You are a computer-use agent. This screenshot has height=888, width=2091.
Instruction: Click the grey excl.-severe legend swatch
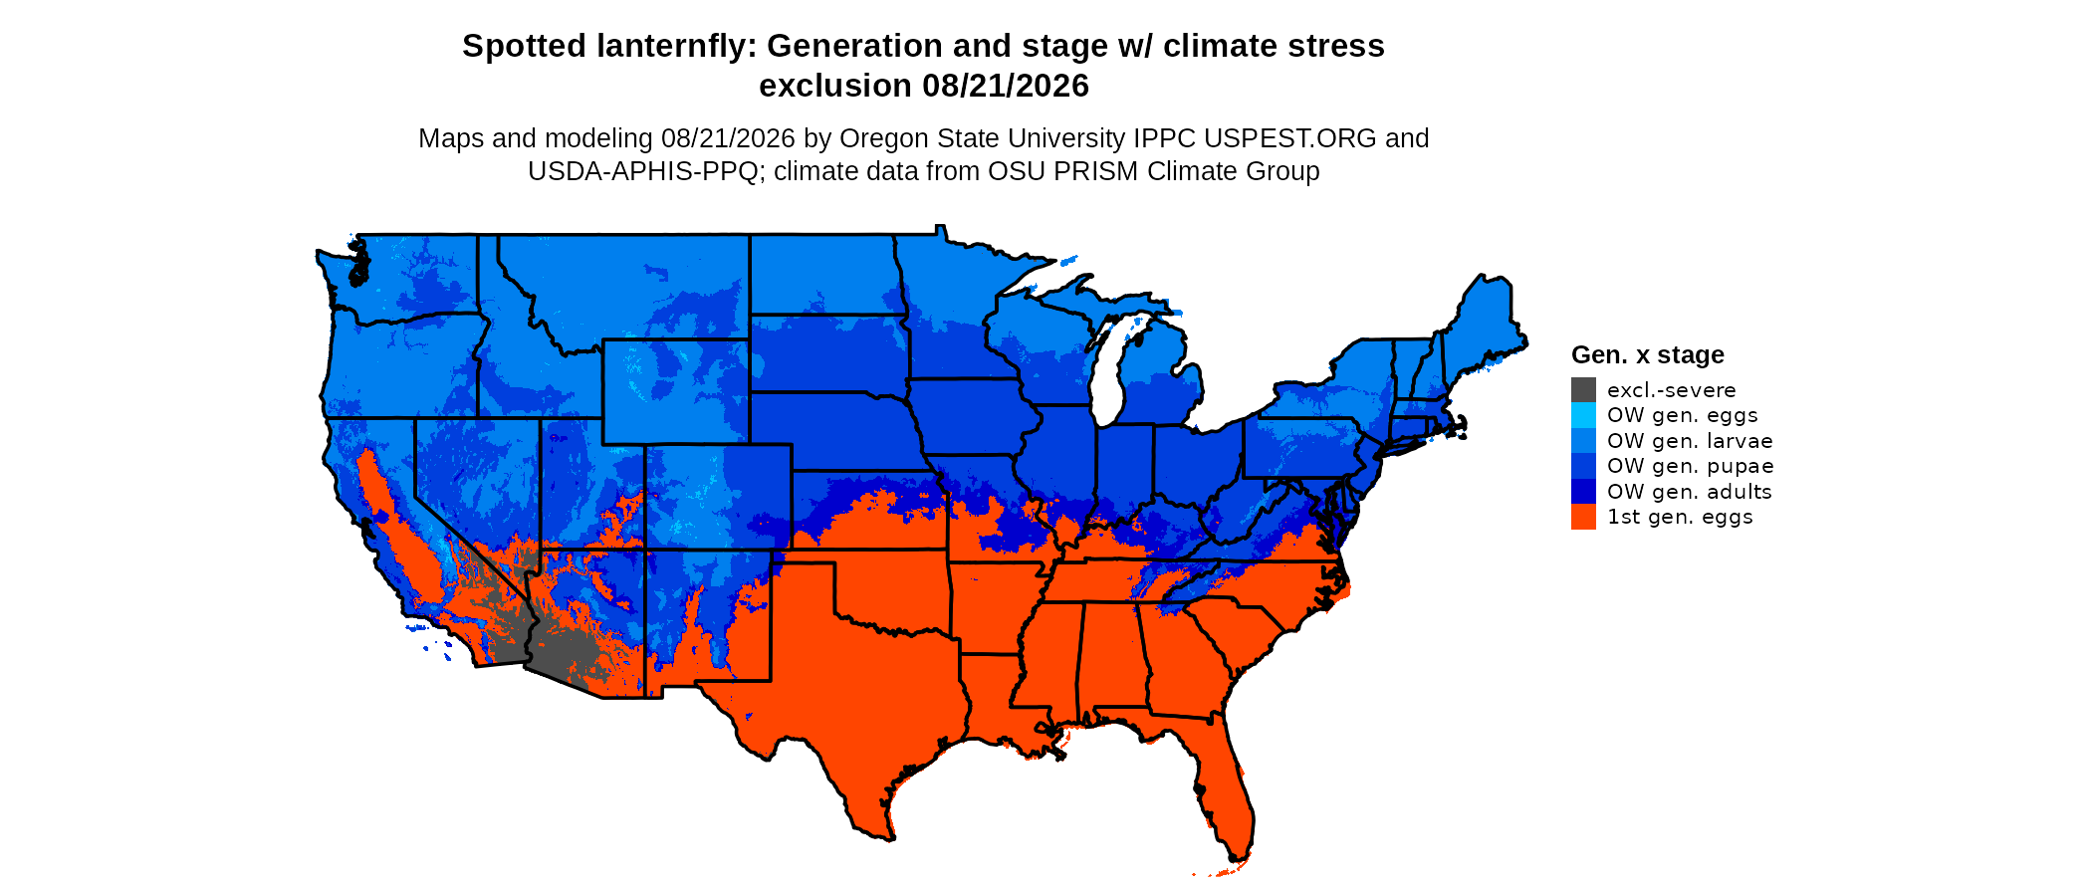pyautogui.click(x=1583, y=390)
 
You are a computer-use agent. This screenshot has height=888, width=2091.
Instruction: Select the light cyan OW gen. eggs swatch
pyautogui.click(x=1583, y=415)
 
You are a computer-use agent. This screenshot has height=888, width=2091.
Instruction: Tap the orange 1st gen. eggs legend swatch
pyautogui.click(x=1583, y=517)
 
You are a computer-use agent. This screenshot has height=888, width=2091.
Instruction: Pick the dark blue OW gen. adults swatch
pyautogui.click(x=1583, y=491)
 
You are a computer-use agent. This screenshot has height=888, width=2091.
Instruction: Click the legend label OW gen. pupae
pyautogui.click(x=1690, y=466)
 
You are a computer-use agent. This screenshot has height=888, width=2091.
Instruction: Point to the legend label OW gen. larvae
pyautogui.click(x=1690, y=441)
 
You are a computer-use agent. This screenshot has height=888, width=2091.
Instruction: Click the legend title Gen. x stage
pyautogui.click(x=1648, y=355)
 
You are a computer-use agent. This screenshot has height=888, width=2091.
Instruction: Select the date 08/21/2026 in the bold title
pyautogui.click(x=1006, y=86)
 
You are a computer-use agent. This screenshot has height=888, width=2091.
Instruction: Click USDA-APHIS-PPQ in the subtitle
pyautogui.click(x=643, y=171)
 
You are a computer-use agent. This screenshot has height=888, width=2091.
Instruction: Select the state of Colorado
pyautogui.click(x=719, y=497)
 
